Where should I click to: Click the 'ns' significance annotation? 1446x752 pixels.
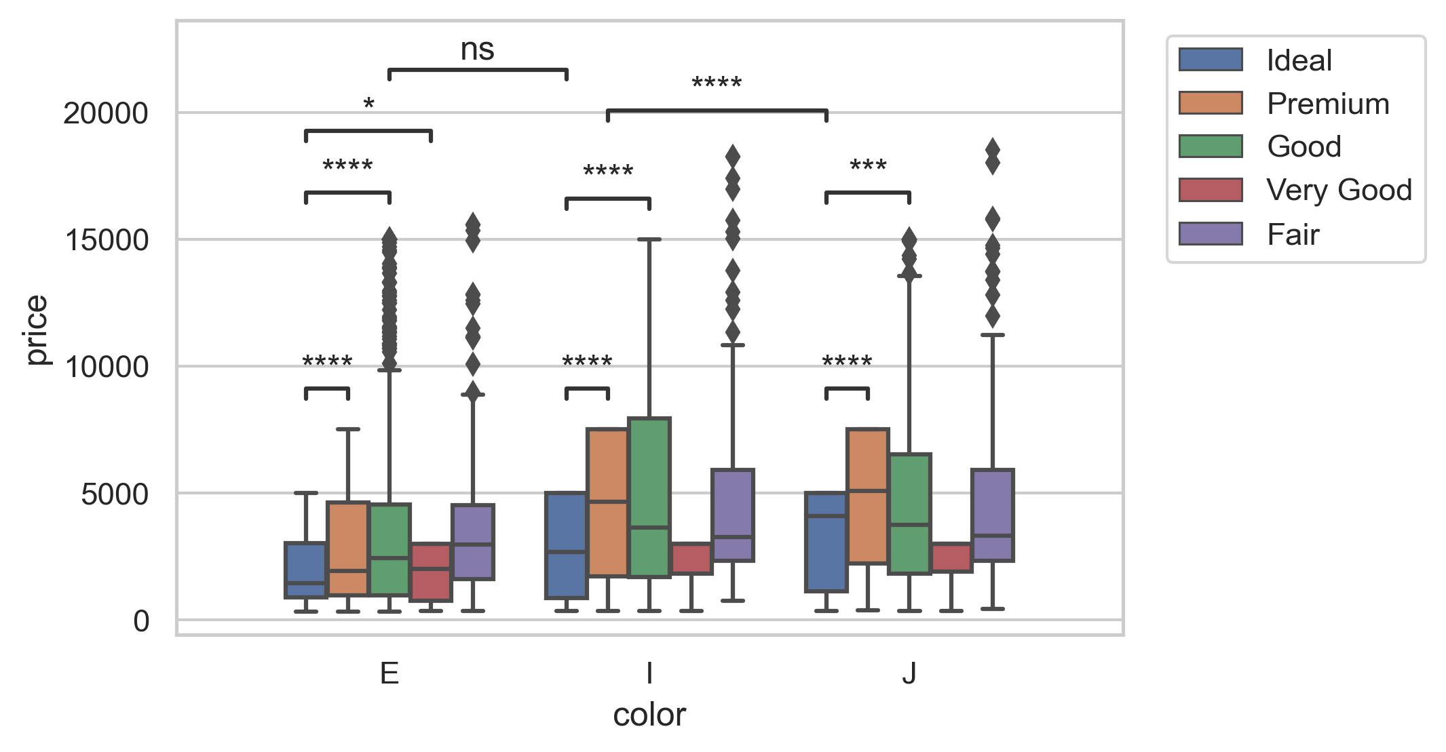click(477, 50)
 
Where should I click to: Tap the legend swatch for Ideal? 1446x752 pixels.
click(1210, 60)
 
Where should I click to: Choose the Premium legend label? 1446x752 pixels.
click(1328, 104)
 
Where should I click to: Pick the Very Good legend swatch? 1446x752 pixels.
click(1210, 190)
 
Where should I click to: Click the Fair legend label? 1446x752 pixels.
click(1293, 235)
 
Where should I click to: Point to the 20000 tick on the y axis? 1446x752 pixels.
click(105, 113)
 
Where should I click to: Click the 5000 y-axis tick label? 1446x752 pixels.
click(114, 494)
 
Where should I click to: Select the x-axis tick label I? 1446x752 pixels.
click(649, 673)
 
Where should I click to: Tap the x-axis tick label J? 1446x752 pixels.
click(909, 673)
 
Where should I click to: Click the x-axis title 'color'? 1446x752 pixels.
click(649, 715)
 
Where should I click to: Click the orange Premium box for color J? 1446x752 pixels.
click(867, 496)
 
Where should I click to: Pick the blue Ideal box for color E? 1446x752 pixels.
click(305, 570)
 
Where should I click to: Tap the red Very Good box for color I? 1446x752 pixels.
click(691, 558)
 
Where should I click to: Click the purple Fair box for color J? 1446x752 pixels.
click(992, 515)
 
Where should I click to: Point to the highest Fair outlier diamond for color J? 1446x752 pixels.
click(992, 149)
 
